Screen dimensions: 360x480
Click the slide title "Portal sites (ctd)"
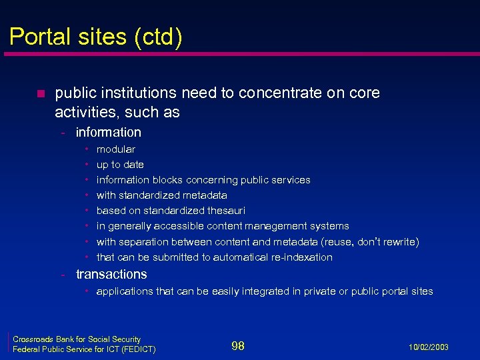click(x=95, y=37)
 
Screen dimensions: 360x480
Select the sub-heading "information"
click(x=108, y=132)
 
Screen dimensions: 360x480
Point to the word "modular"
click(x=116, y=149)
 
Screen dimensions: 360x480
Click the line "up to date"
click(x=120, y=165)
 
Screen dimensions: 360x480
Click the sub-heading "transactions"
click(x=111, y=274)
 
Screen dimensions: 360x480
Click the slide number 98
click(x=237, y=345)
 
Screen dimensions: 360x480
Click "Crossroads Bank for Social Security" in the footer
click(x=77, y=339)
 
